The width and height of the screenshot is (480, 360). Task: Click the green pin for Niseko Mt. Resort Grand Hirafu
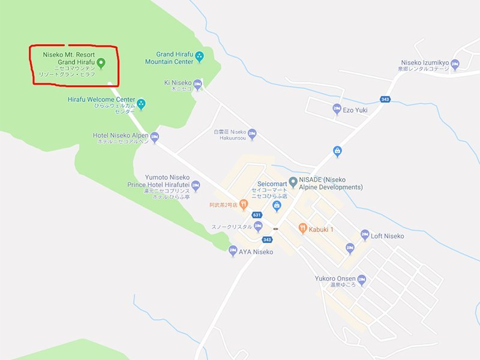point(101,62)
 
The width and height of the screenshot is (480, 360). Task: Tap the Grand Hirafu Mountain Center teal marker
point(200,58)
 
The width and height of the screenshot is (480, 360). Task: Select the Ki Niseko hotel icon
point(197,83)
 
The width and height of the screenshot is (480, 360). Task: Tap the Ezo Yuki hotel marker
point(337,109)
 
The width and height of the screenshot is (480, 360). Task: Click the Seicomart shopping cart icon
point(277,206)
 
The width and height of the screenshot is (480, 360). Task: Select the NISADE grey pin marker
point(293,181)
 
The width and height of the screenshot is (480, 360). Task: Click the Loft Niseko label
point(387,236)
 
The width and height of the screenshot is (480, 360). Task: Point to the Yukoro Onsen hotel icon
point(361,279)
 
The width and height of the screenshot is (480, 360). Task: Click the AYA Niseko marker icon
point(233,251)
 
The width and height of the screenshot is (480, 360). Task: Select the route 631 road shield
point(257,215)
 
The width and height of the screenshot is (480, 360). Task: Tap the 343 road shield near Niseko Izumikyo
point(385,99)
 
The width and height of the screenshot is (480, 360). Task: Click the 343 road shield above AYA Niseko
point(267,239)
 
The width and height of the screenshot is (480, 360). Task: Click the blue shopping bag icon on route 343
point(338,151)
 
